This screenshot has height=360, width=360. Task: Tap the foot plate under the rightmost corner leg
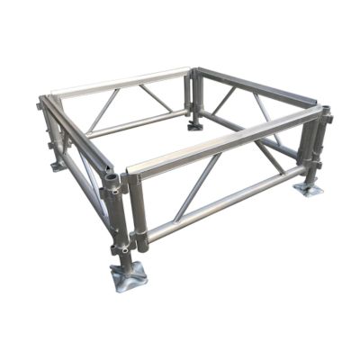tap(309, 190)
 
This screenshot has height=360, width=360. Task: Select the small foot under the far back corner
tap(195, 125)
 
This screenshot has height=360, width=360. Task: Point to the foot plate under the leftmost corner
tap(58, 165)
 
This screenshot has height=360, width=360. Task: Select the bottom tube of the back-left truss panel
tap(135, 123)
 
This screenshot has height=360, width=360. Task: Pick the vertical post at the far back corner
tap(191, 94)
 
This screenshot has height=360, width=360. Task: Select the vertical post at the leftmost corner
tap(53, 130)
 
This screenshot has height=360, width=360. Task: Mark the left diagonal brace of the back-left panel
tap(103, 109)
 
